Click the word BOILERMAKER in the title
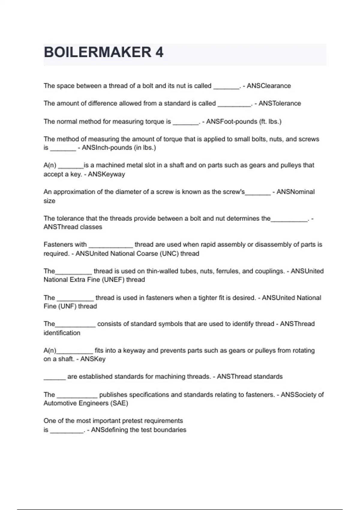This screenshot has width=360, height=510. (x=97, y=52)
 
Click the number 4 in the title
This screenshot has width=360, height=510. (x=159, y=52)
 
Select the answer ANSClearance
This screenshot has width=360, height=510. (x=269, y=86)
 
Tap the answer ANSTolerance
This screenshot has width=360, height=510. (x=280, y=103)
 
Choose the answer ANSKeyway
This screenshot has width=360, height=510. (x=106, y=174)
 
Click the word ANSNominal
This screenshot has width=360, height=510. (x=295, y=192)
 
